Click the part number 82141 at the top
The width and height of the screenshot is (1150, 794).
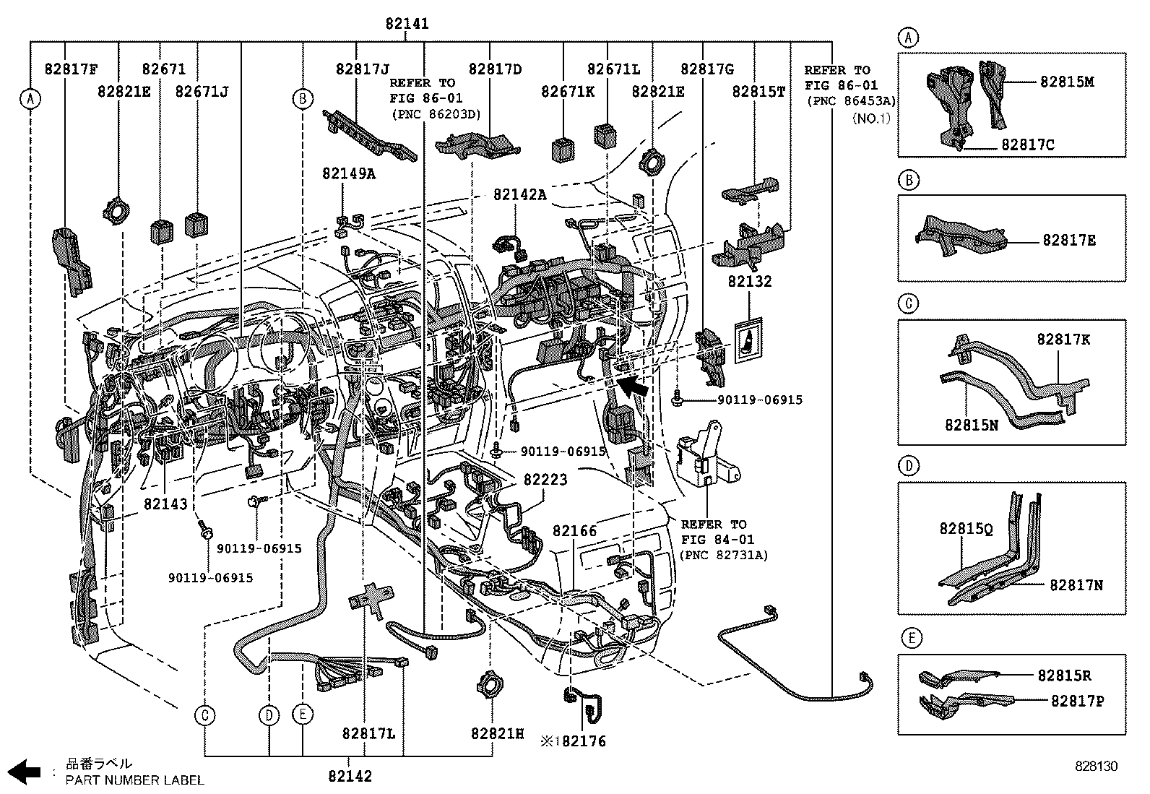(407, 24)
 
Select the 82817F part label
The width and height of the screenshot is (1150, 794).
(71, 70)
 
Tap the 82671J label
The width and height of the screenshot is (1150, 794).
(202, 91)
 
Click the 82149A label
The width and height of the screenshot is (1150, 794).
(349, 173)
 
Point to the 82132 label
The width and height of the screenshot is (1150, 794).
(749, 282)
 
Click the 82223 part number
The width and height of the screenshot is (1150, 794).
(545, 480)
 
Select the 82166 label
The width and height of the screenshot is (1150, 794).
(574, 531)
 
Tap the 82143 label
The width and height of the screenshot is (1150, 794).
(165, 504)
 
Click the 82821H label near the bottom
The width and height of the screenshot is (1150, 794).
(497, 733)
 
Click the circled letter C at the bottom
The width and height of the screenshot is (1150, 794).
(205, 715)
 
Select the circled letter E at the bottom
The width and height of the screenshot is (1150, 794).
(303, 715)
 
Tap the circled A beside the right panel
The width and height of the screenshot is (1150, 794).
(908, 38)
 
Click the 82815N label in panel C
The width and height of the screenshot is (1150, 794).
(971, 426)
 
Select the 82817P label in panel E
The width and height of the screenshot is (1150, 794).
(1077, 701)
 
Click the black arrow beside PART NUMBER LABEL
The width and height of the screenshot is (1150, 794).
(28, 772)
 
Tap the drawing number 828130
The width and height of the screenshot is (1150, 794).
(1096, 767)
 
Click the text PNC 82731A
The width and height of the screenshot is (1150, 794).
(724, 555)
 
